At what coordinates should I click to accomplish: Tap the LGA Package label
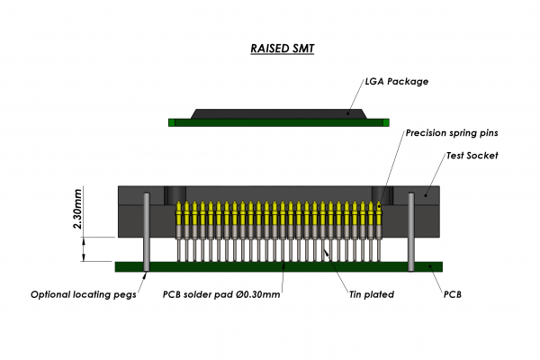coord(397,81)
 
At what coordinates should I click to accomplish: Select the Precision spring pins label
coord(452,133)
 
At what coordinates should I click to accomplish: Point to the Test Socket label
coord(472,156)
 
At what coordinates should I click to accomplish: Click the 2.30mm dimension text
coord(78,208)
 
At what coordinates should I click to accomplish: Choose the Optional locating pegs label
coord(83,294)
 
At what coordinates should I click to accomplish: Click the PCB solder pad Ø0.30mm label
coord(221,294)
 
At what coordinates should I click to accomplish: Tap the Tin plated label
coord(371,294)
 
